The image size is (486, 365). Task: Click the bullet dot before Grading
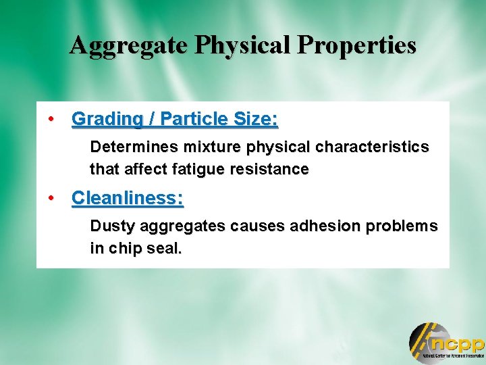click(x=51, y=119)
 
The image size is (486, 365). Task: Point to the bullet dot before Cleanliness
click(x=51, y=198)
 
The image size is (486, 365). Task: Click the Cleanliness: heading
click(x=128, y=198)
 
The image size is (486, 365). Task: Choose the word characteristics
click(x=373, y=147)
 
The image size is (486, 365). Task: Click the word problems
click(x=405, y=226)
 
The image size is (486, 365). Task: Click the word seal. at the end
click(x=165, y=249)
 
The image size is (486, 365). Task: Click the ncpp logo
click(x=446, y=343)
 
